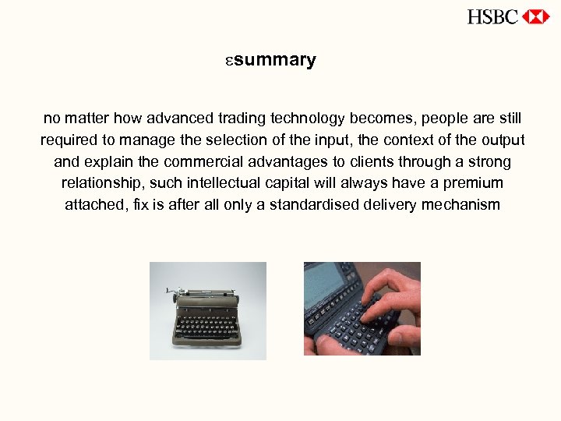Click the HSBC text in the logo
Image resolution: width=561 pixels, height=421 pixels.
click(492, 16)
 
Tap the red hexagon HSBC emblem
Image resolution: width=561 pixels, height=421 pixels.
click(536, 16)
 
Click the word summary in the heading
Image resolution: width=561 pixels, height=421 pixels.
click(274, 60)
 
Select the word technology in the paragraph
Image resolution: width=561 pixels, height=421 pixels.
click(305, 119)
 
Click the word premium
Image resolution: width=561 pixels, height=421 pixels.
click(474, 184)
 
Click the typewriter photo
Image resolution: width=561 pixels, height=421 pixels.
click(208, 310)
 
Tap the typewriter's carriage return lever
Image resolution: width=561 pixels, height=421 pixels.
click(170, 291)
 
